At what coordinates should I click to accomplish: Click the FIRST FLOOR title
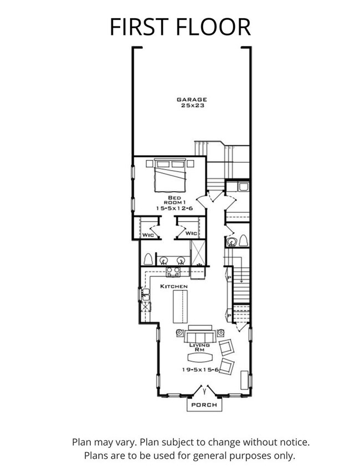click(180, 26)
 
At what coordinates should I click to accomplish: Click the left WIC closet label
click(147, 234)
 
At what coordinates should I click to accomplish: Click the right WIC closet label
click(191, 233)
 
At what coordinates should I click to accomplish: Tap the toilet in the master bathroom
click(148, 259)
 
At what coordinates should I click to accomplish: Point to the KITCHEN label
click(174, 286)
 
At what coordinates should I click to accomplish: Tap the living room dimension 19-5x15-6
click(199, 370)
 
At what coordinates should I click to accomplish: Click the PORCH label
click(204, 406)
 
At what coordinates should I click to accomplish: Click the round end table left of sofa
click(179, 333)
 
